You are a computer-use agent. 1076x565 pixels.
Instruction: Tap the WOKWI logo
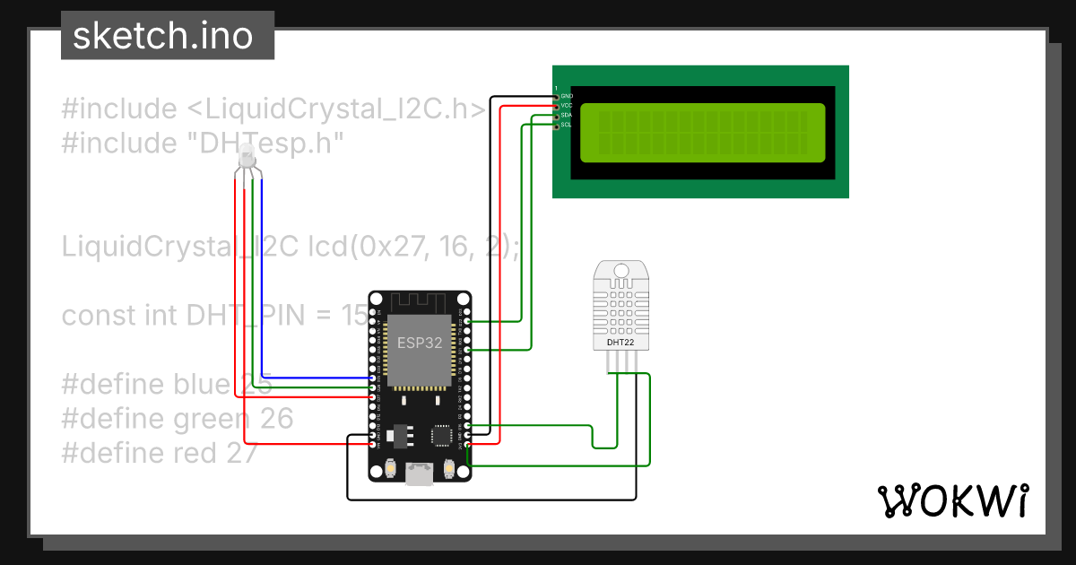coord(951,500)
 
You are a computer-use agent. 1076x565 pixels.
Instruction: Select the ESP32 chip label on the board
coord(420,342)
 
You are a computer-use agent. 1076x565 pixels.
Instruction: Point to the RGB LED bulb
coord(248,162)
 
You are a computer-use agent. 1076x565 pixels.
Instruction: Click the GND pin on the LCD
coord(557,96)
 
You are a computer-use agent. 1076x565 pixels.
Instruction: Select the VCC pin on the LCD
coord(557,106)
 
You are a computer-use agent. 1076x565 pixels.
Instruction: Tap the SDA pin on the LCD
coord(557,116)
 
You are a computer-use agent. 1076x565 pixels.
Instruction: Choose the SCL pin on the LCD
coord(557,126)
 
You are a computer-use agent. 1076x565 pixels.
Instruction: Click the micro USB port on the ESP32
coord(420,473)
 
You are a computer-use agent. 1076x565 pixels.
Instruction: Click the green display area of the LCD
coord(702,133)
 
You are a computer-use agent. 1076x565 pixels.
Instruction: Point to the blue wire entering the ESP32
coord(323,378)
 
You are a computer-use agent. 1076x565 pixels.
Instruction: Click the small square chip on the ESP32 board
coord(442,435)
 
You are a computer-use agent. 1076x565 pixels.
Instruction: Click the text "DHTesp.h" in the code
coord(267,143)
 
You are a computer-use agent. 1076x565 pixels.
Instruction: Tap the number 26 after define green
coord(276,419)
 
